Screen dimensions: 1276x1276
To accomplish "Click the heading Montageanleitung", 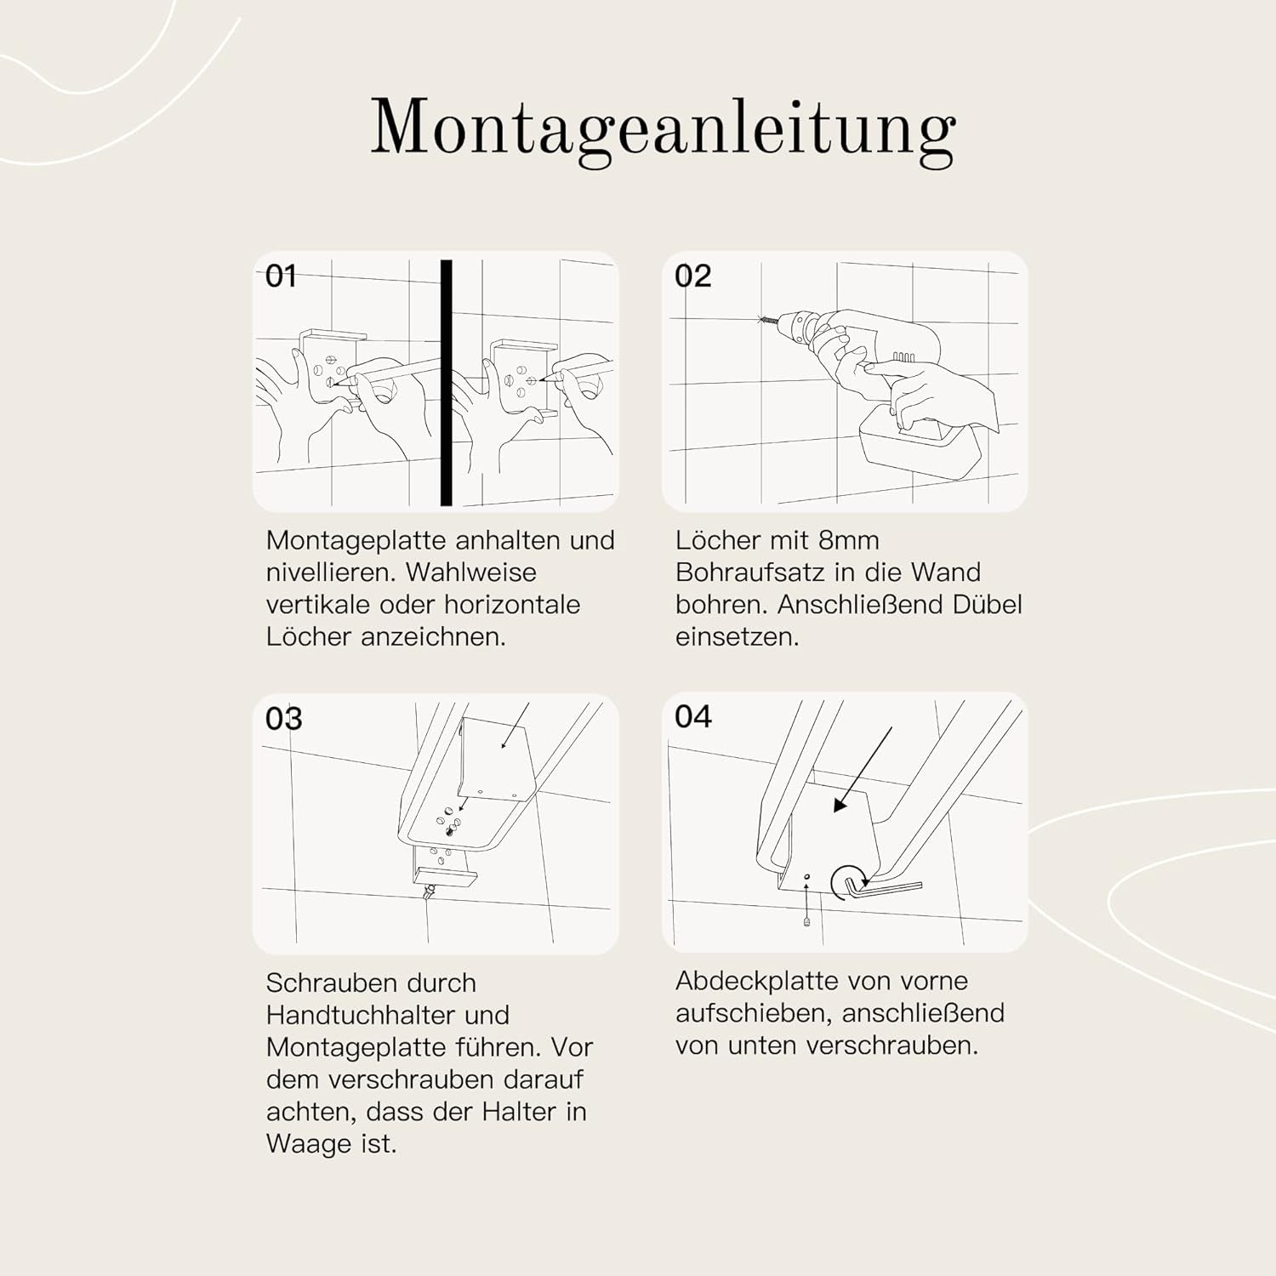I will [x=663, y=130].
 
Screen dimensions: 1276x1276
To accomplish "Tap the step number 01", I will [x=281, y=276].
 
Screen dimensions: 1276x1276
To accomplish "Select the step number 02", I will [x=692, y=276].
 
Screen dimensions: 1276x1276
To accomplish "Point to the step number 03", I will [x=283, y=719].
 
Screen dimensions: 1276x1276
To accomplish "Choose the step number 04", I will [x=692, y=717].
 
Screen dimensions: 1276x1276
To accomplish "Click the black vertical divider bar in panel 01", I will [x=446, y=383].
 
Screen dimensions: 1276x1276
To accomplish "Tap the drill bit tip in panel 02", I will [x=760, y=320].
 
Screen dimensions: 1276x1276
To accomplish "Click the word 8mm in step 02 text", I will [x=848, y=540].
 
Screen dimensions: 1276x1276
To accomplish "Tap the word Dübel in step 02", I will [x=987, y=605].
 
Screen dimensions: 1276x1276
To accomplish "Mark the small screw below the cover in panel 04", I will [x=806, y=920].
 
